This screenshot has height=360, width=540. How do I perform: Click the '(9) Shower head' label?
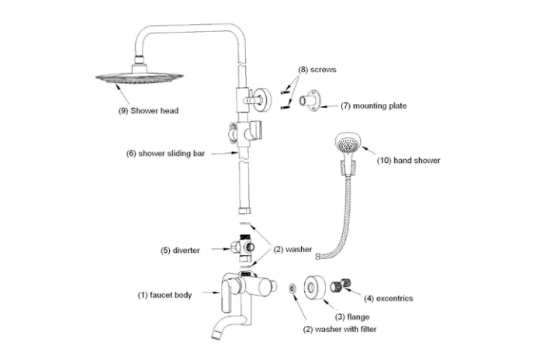coord(148,111)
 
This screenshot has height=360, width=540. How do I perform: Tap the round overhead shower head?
coord(140,77)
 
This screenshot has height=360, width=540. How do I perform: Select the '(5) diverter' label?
coord(181,250)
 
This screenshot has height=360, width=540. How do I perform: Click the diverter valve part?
coord(243,247)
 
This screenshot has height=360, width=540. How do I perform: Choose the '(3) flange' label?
coord(351,317)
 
